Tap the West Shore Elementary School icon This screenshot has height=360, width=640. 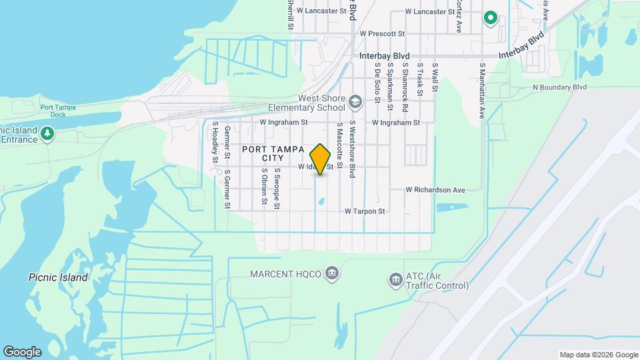point(355,101)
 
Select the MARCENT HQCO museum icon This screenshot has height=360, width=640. point(332,274)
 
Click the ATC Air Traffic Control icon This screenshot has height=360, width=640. point(395,279)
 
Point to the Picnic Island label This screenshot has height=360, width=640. point(58,277)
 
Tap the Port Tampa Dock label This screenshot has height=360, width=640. point(57,111)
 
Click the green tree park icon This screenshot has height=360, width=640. point(47,134)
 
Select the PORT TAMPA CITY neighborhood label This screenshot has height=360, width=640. point(273,153)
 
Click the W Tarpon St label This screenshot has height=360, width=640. point(365,211)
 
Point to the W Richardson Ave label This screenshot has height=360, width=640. point(435,190)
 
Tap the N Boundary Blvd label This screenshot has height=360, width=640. point(559,87)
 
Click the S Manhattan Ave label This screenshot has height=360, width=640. point(482,91)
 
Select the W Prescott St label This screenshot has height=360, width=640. point(382,33)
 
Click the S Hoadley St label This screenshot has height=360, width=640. point(215,141)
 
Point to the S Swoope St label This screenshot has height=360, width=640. point(277,189)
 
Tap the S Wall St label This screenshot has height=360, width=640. point(435,77)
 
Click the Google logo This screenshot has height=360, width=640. point(22,351)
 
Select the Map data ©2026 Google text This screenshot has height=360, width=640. point(598,355)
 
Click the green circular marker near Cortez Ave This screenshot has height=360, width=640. point(491,18)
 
